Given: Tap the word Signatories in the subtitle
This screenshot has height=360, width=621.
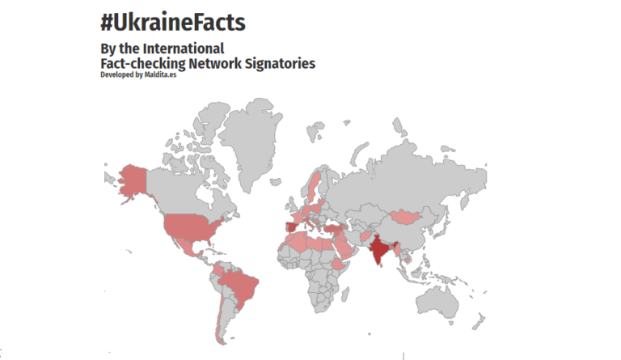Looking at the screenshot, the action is coord(277,62).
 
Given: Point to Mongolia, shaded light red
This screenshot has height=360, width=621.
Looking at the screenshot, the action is coord(405,218).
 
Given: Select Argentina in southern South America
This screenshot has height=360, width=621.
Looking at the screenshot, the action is coord(220,320).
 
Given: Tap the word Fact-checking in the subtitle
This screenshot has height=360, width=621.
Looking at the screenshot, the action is coord(143,62).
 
